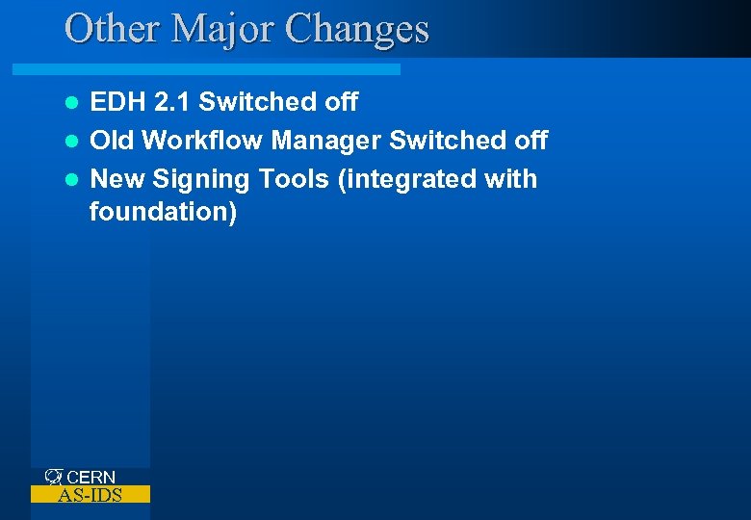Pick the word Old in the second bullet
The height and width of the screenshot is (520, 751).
point(113,141)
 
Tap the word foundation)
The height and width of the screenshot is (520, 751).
point(163,211)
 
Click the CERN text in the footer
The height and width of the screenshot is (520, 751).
point(91,477)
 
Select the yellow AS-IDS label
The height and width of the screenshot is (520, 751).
point(91,495)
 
